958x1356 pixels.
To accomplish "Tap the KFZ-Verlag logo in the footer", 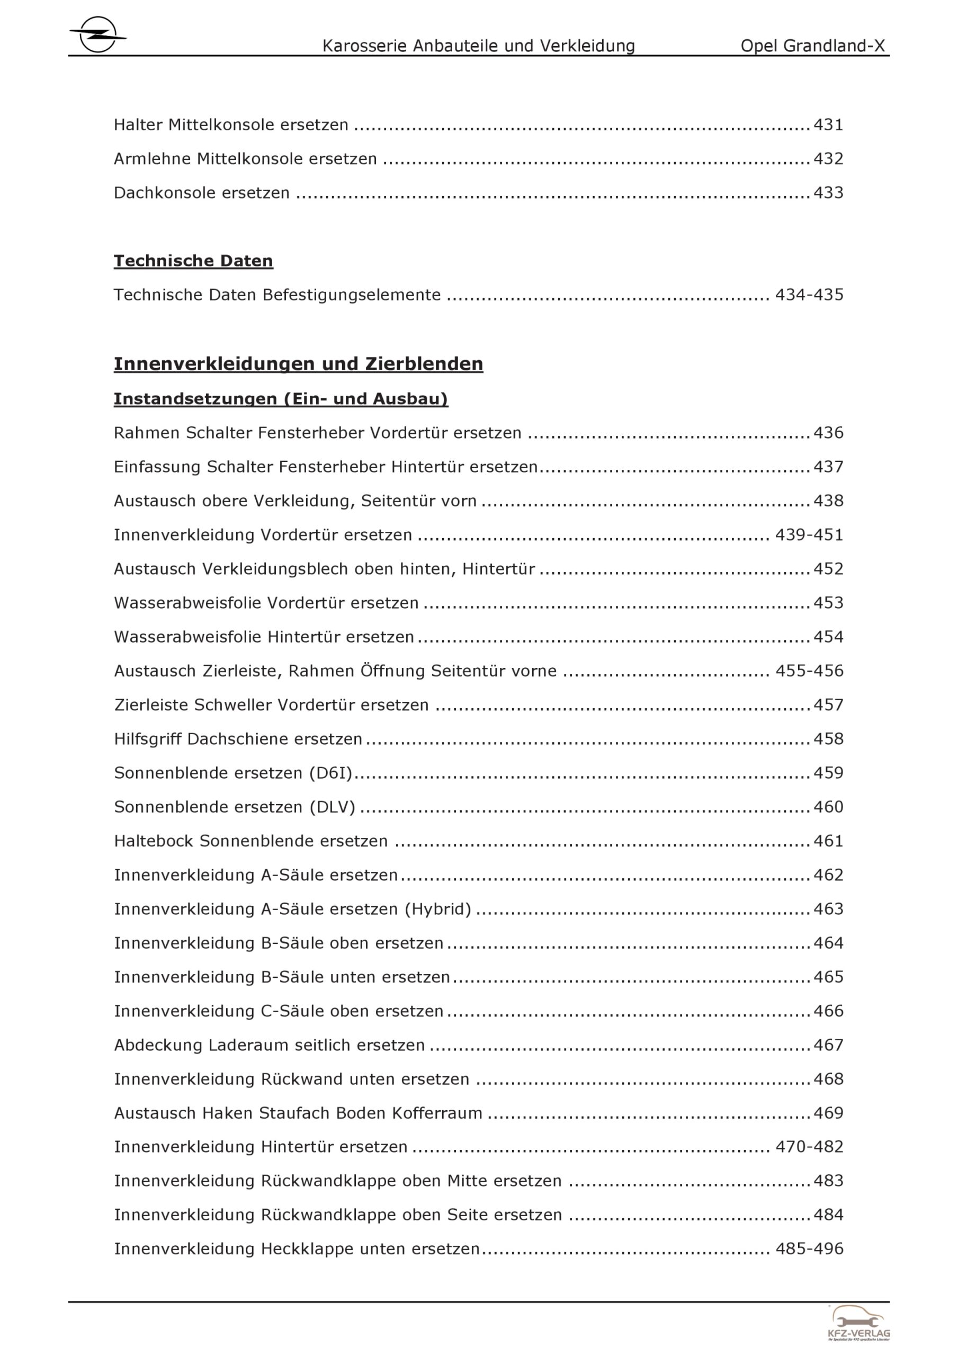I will point(859,1322).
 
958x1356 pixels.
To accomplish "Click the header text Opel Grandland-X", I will point(813,46).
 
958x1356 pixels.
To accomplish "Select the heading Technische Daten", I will point(193,261).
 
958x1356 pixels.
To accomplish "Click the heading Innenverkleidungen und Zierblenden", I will point(298,364).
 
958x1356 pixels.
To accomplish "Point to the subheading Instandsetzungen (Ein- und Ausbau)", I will point(281,399).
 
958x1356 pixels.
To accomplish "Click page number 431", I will point(828,125).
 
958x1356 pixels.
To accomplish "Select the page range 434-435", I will point(809,295).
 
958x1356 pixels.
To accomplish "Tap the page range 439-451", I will point(809,535).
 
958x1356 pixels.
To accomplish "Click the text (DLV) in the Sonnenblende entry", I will point(333,807).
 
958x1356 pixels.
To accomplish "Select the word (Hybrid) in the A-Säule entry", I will point(437,909).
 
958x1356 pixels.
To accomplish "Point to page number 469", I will point(828,1113).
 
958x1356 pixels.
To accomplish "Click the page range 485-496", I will point(809,1249).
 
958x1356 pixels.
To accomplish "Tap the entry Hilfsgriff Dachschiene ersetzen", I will point(238,739).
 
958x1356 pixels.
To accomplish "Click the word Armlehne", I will point(153,159).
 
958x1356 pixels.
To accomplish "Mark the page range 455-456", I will point(809,671).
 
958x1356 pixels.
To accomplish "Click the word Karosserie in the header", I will point(364,46).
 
